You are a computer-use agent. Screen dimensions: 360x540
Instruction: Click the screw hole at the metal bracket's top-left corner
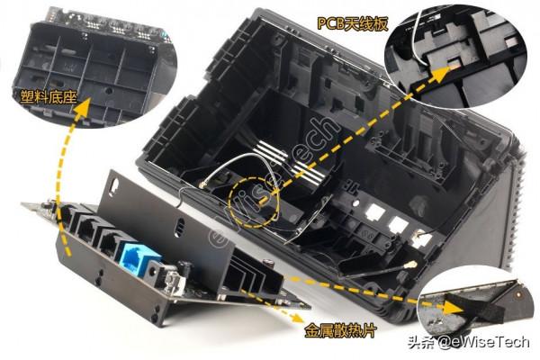[x=113, y=184]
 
